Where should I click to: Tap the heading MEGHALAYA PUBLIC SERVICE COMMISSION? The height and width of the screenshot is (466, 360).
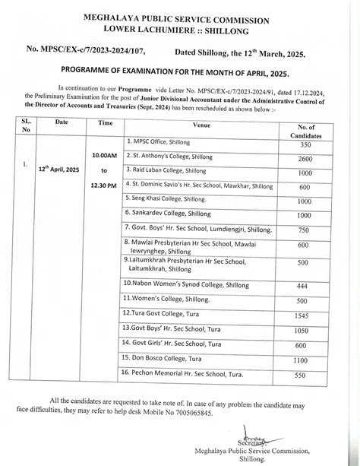point(180,14)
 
